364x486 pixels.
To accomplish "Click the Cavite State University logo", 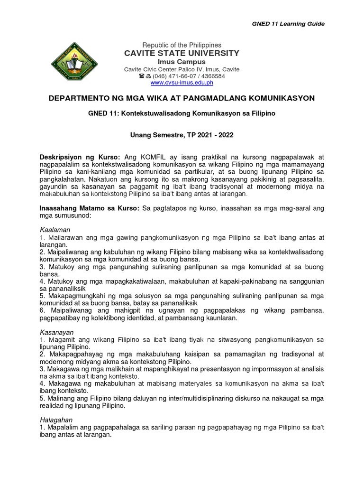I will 75,65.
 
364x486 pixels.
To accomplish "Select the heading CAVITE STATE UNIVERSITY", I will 182,53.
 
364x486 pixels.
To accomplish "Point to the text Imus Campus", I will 182,62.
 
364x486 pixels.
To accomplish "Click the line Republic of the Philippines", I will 182,45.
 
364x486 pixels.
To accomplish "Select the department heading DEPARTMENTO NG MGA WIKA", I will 182,98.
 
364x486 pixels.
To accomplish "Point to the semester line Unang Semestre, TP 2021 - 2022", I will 182,135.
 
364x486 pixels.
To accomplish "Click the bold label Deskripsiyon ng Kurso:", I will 81,157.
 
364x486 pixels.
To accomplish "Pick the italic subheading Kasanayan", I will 55,332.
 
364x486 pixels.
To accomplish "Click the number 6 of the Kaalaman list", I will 42,310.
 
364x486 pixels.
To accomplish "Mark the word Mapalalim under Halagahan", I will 63,428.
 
